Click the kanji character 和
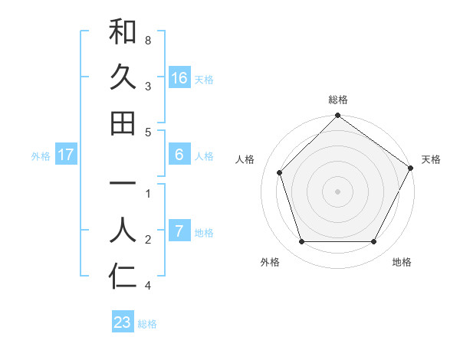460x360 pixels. [123, 32]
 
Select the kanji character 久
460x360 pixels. [123, 77]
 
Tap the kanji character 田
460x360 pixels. [123, 123]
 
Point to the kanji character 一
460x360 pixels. [123, 185]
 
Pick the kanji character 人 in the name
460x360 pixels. [123, 231]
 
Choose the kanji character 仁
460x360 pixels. [123, 277]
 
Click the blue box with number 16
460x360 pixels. [179, 78]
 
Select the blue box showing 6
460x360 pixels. [179, 155]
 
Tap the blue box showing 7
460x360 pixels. [179, 231]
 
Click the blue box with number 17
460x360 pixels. [66, 155]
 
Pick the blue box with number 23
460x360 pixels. [123, 322]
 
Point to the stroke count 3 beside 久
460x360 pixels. [148, 85]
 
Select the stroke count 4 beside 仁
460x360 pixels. [148, 286]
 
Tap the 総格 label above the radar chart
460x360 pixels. [338, 100]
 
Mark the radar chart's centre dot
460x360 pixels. [337, 191]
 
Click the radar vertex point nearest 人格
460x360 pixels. [280, 172]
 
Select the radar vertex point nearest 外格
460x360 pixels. [301, 241]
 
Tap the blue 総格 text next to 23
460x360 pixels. [147, 324]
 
